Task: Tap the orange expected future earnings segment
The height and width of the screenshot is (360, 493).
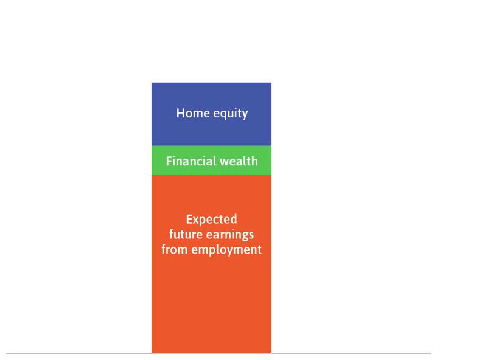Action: pyautogui.click(x=211, y=298)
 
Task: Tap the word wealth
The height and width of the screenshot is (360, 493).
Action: pyautogui.click(x=238, y=161)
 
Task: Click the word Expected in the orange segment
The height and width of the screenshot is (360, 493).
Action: pyautogui.click(x=211, y=220)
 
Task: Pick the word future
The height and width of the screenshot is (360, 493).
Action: pyautogui.click(x=184, y=234)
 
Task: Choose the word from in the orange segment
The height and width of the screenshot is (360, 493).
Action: pyautogui.click(x=175, y=249)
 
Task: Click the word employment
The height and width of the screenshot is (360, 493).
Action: pyautogui.click(x=226, y=249)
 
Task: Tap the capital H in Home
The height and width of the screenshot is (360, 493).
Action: pyautogui.click(x=180, y=113)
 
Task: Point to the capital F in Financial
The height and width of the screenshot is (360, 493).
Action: pyautogui.click(x=169, y=161)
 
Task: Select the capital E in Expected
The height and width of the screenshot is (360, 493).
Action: pyautogui.click(x=189, y=219)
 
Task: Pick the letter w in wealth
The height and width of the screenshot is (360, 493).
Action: pyautogui.click(x=223, y=162)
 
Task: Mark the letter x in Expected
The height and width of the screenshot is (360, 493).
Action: pyautogui.click(x=195, y=220)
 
